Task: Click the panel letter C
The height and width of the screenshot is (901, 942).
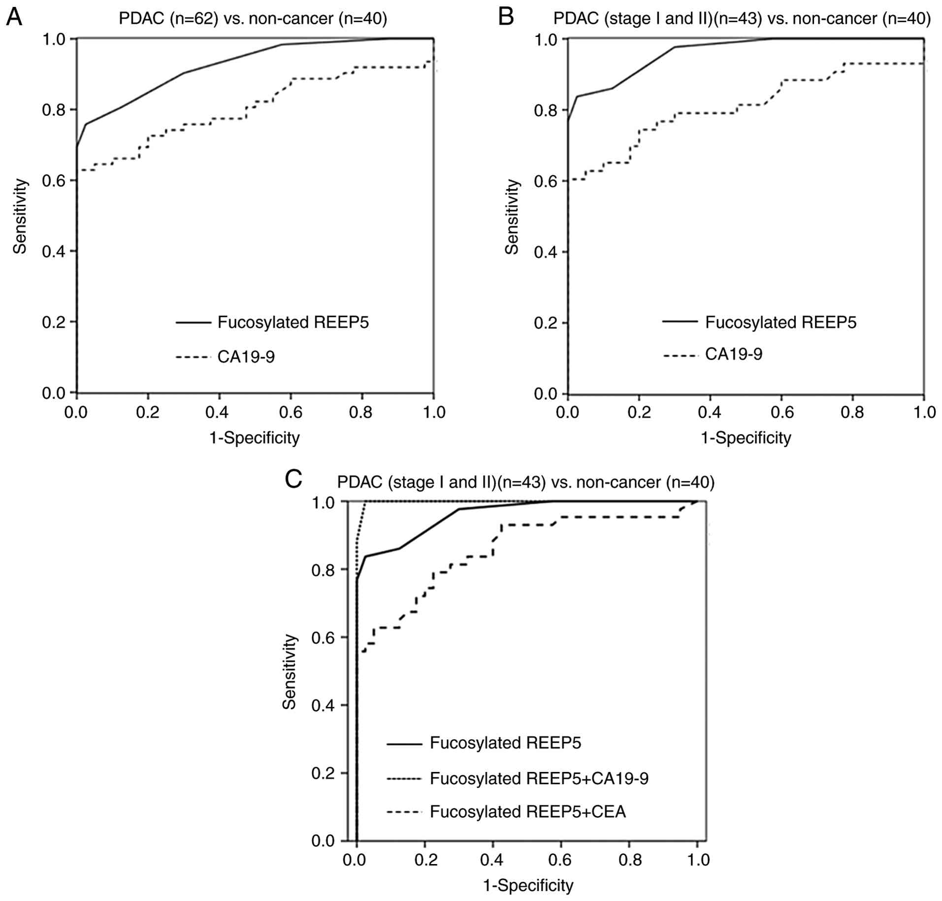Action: click(293, 479)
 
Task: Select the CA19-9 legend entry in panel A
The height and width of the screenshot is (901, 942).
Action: click(246, 356)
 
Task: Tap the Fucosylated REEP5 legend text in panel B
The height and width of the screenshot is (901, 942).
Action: click(780, 322)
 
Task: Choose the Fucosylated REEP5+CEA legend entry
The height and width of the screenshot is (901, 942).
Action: click(527, 811)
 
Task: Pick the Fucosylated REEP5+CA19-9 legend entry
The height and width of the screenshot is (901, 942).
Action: click(539, 778)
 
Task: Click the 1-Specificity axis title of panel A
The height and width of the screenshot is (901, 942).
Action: click(255, 437)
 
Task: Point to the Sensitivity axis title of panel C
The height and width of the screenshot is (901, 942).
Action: click(289, 671)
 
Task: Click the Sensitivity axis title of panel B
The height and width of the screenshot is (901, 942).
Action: click(512, 217)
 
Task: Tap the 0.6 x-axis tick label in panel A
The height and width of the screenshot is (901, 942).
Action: click(290, 412)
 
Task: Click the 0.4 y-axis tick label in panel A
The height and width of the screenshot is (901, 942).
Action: click(54, 251)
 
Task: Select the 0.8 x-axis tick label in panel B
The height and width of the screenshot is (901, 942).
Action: click(852, 412)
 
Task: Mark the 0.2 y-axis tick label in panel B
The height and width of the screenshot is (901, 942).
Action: click(546, 323)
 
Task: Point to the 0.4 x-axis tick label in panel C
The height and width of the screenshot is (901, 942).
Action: click(492, 860)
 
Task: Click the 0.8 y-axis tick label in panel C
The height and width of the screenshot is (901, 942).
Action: click(324, 569)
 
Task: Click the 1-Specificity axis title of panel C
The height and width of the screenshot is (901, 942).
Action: click(528, 885)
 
